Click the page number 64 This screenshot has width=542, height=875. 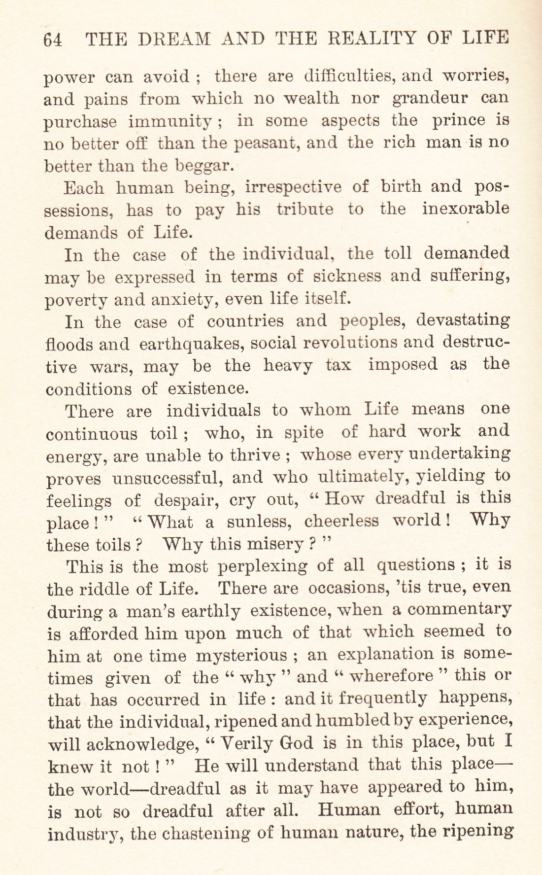(52, 39)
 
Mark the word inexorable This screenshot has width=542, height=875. (466, 209)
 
